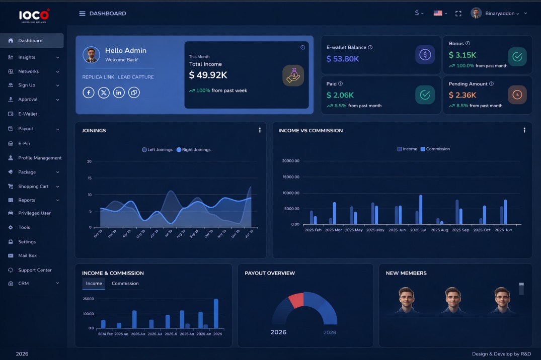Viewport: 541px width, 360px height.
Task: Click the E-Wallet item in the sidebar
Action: point(28,114)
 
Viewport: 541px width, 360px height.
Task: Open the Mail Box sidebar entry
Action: point(28,255)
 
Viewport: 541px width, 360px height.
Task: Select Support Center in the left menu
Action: point(35,270)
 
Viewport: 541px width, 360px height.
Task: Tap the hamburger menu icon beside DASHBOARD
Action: point(82,14)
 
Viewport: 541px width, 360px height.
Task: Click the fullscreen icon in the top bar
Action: point(458,14)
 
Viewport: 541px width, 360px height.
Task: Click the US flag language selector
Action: point(438,14)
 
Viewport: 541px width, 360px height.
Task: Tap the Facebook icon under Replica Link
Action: point(89,93)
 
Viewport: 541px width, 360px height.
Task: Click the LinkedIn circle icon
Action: point(119,93)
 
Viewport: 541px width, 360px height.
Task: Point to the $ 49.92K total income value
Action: point(208,75)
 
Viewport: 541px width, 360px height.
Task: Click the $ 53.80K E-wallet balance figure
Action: point(343,59)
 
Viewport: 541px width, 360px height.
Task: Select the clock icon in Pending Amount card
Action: point(517,95)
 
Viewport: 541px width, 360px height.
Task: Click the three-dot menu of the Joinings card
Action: point(260,130)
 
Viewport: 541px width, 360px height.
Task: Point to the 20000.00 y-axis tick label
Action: point(290,161)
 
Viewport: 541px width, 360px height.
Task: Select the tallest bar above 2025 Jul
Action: point(421,210)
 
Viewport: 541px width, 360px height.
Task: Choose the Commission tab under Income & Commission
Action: point(125,284)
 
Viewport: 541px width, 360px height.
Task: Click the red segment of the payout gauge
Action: point(296,300)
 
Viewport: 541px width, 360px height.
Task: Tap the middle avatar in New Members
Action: point(452,300)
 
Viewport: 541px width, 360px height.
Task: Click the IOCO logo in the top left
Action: point(34,16)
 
